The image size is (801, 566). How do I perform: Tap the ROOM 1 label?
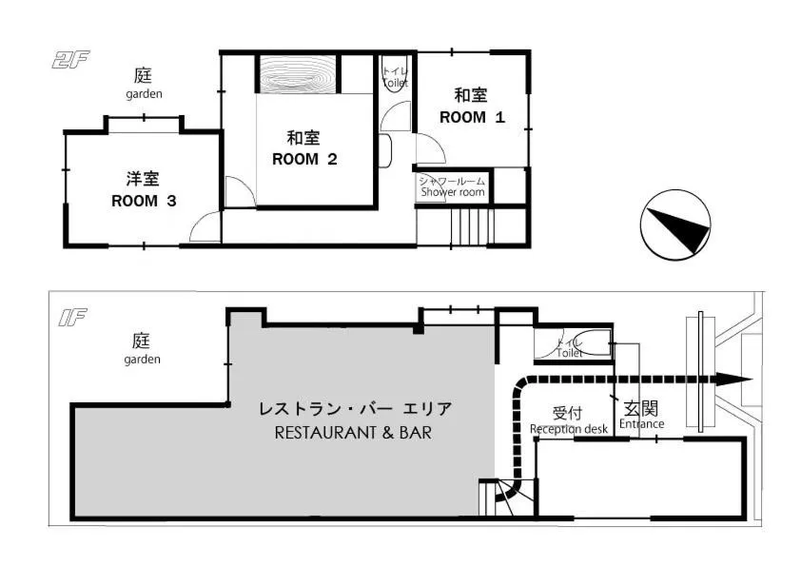[471, 117]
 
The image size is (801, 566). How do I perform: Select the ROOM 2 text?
[304, 159]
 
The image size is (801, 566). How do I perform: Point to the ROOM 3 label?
[144, 200]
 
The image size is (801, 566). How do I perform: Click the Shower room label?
[453, 191]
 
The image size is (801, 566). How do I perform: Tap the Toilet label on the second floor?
[395, 83]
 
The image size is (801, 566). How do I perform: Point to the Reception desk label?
[568, 428]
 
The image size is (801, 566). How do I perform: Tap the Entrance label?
[640, 423]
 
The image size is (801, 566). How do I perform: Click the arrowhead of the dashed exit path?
[733, 379]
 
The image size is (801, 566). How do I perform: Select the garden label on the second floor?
[144, 94]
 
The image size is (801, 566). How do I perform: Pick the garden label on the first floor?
[142, 359]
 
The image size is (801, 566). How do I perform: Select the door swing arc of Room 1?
[428, 148]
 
